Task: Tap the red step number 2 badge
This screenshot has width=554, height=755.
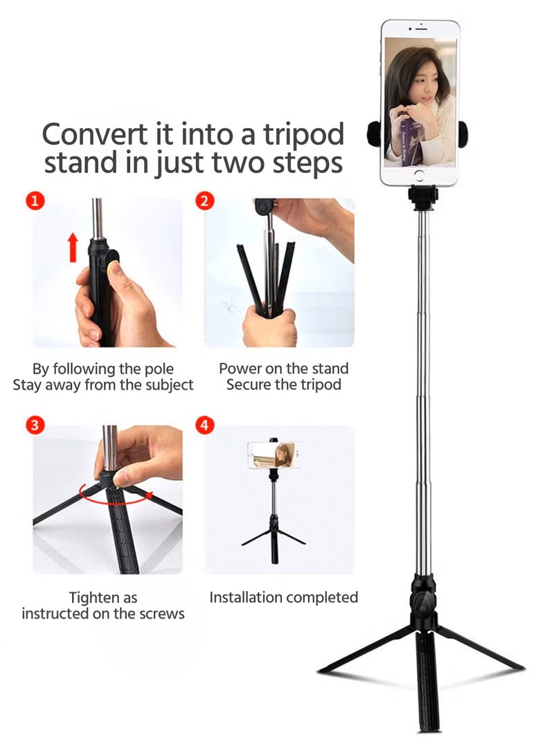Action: (205, 201)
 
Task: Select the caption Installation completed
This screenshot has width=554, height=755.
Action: (283, 597)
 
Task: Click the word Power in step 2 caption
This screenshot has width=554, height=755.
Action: (239, 368)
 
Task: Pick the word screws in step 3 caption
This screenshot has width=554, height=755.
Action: (162, 613)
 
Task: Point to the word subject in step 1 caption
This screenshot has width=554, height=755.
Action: (167, 385)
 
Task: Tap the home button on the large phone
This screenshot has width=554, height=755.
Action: (418, 174)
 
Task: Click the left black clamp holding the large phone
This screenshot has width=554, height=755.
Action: (374, 133)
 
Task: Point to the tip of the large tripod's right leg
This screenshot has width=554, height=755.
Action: (521, 668)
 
